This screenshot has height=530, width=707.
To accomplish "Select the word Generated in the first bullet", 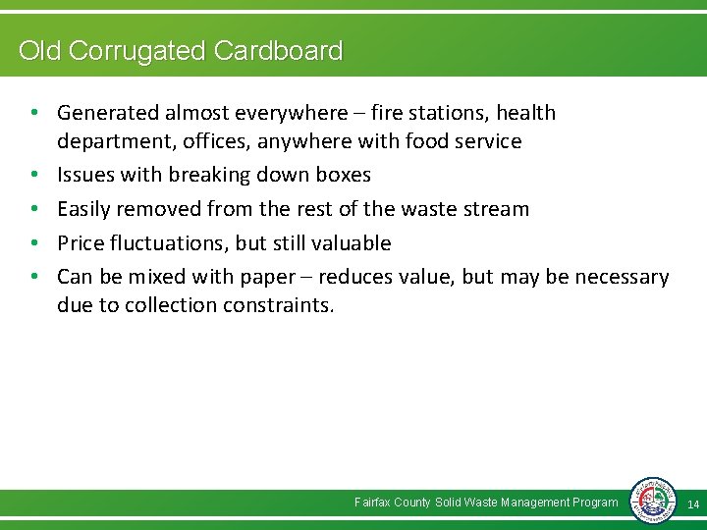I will pos(105,113).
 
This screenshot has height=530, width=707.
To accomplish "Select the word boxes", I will pos(338,175).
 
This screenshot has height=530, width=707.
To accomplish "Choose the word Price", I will pos(82,242).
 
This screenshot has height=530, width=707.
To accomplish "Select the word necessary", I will pos(622,277).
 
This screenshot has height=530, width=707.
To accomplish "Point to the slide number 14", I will pos(692,503).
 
